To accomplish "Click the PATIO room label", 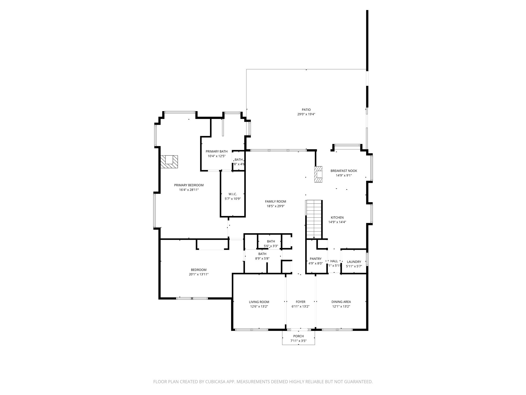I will coord(306,110).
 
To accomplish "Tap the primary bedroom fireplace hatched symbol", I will coord(169,162).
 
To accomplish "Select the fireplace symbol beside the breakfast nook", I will coord(318,174).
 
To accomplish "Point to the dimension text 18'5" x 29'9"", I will coord(275,206).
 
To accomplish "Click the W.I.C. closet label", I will coord(232,194).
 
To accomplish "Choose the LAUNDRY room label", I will coord(354,262).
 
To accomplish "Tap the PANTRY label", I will coord(315,259).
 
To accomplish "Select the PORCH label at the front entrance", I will coord(298,336).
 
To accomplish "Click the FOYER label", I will coord(300,302).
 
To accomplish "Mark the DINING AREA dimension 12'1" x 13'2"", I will coord(341,307).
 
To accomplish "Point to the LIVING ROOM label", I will coord(259,302).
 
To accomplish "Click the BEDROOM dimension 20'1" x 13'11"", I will coord(199,274).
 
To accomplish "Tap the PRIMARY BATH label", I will coord(217,151).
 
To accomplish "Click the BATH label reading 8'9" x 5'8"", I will coord(262,254).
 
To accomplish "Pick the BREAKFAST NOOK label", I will coord(344,171).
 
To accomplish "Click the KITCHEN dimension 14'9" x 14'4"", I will coord(337,222).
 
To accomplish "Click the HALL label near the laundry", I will coord(334,261).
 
